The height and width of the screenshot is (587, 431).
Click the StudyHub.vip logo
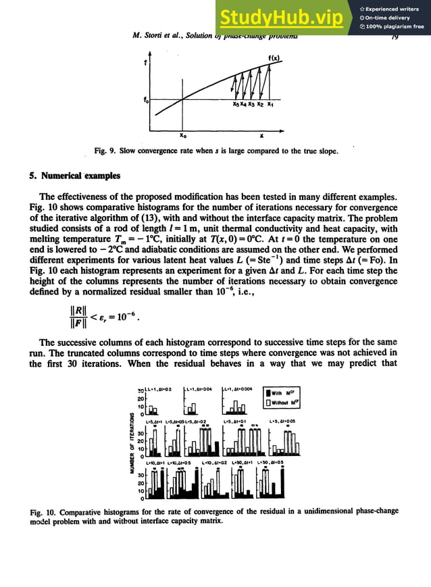coord(286,18)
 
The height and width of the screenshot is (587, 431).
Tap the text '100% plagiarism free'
coord(394,27)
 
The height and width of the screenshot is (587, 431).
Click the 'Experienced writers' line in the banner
coord(394,8)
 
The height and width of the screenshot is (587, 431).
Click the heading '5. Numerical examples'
coord(71,176)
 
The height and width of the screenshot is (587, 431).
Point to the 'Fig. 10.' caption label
coord(44,511)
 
